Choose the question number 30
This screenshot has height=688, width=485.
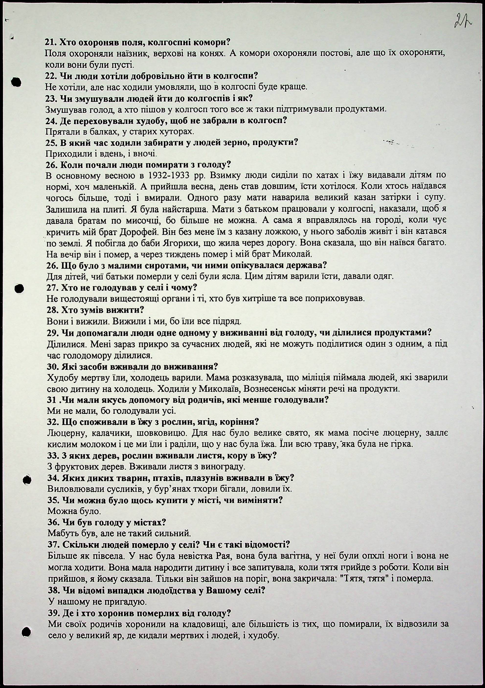pos(53,367)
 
